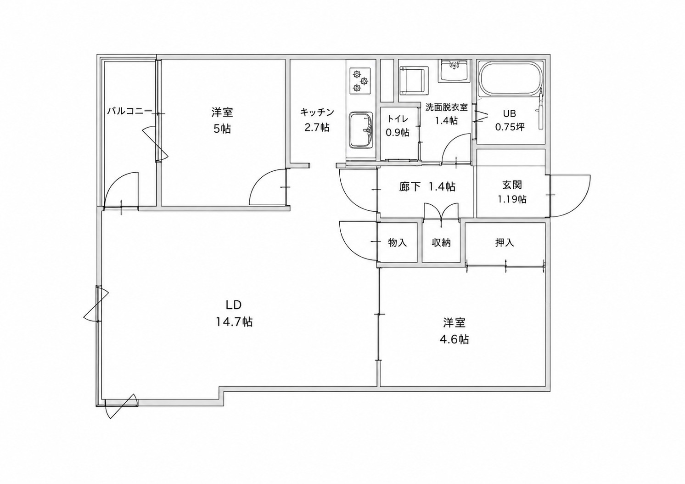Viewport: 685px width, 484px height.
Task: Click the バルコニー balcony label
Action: tap(129, 111)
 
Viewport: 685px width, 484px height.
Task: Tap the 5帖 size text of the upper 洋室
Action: tap(222, 129)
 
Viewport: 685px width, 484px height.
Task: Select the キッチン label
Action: tap(317, 113)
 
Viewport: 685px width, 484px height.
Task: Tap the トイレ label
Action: tap(398, 119)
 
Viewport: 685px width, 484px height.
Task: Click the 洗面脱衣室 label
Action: tap(447, 107)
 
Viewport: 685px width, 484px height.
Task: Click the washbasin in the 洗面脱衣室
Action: tap(454, 71)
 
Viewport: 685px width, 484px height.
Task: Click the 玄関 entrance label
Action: tap(512, 185)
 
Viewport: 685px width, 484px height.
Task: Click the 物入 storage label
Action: tap(398, 243)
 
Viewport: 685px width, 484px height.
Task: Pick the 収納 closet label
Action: tap(441, 243)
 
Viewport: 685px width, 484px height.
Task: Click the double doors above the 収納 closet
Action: tap(441, 211)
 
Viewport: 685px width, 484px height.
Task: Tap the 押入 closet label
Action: tap(505, 243)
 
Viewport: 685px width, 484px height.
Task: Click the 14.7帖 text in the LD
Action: tap(234, 322)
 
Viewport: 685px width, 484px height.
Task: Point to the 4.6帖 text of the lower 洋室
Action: tap(455, 339)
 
